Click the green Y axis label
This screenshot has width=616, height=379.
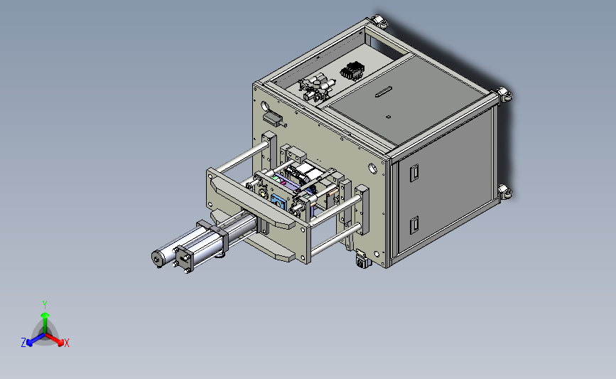(44, 305)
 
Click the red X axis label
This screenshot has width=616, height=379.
(67, 343)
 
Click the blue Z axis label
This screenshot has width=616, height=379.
(23, 343)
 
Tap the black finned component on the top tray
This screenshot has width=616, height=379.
(352, 71)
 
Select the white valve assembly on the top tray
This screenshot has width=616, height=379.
(318, 87)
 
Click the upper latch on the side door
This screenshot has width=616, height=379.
(414, 173)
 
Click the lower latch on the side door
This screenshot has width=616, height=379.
(414, 225)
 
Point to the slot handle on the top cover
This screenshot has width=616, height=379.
(384, 91)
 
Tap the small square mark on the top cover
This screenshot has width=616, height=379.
(388, 117)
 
